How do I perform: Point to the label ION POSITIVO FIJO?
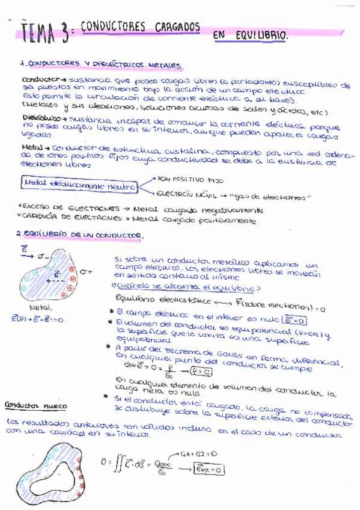pos(186,179)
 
